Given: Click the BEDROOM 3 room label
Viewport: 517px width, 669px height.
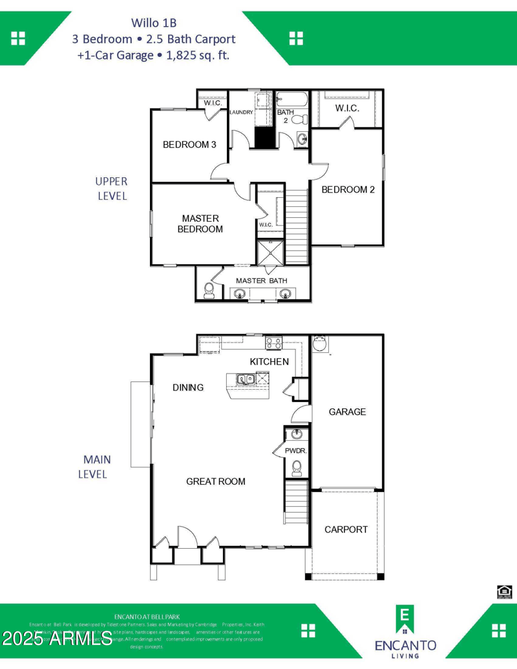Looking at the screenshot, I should (x=189, y=145).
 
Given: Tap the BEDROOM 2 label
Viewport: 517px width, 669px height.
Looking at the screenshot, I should (x=348, y=189).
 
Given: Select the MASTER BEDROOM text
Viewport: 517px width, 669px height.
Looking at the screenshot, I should (x=200, y=224).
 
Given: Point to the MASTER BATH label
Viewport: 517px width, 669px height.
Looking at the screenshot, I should (x=262, y=281).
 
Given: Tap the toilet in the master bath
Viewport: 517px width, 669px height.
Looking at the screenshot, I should (x=209, y=290).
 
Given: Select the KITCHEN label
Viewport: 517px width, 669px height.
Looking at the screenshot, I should (x=269, y=361).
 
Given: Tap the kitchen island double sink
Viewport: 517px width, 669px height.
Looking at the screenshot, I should (x=245, y=379).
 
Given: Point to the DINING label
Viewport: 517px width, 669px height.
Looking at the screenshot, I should (x=188, y=387).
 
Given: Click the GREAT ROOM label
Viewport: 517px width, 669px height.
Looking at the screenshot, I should (x=216, y=481).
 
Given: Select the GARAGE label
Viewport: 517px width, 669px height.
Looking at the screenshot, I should (x=347, y=412).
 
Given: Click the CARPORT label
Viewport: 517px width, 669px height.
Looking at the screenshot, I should (x=346, y=529).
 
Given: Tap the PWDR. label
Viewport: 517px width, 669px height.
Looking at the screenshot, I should (x=295, y=451).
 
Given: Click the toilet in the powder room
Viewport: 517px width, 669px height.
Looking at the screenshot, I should (x=297, y=467).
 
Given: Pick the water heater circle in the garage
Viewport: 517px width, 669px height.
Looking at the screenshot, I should (x=320, y=345).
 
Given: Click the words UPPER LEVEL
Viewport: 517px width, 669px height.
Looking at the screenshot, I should (x=112, y=189).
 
